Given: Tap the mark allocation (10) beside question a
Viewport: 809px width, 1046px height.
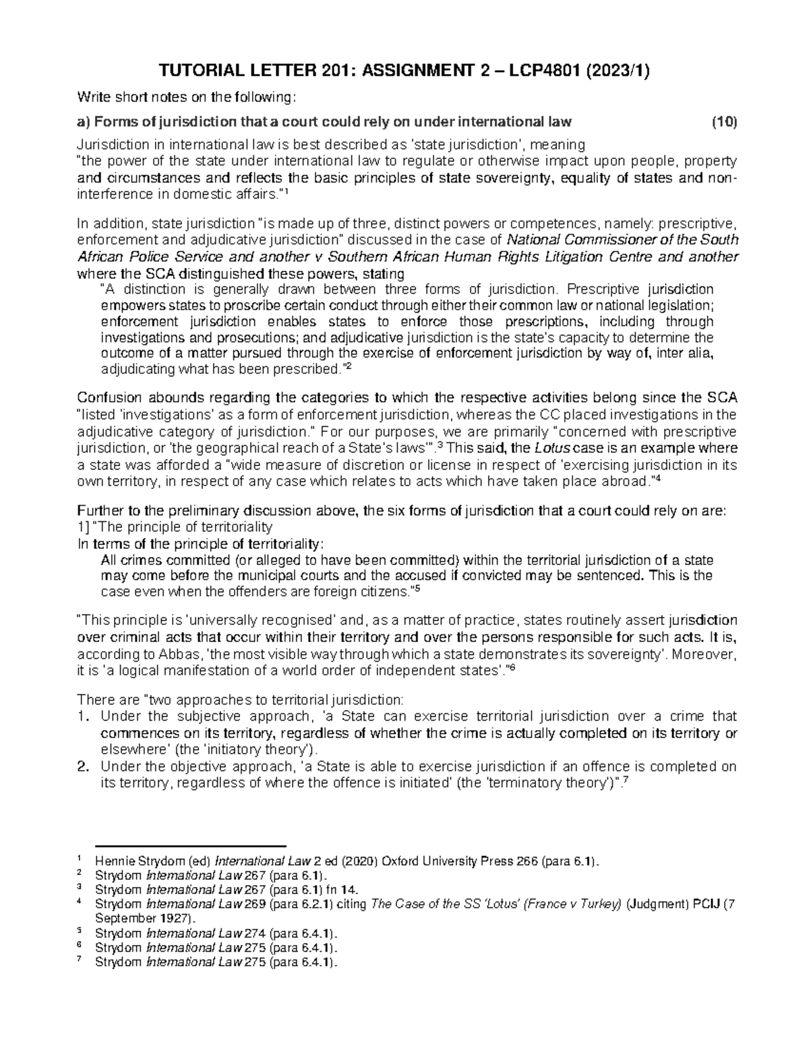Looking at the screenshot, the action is pos(725,122).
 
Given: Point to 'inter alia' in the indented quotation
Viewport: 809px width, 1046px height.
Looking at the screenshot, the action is pos(688,353).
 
